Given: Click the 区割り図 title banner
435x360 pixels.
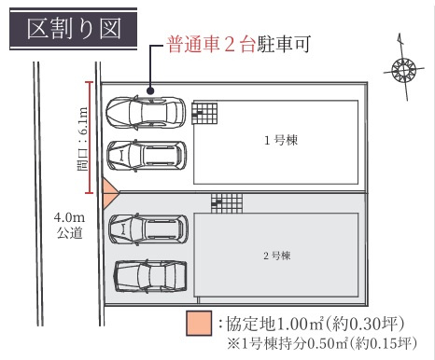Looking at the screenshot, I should click(x=74, y=30).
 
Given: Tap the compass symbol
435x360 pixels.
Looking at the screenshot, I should click(x=403, y=69).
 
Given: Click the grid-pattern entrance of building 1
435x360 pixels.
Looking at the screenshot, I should click(x=205, y=112).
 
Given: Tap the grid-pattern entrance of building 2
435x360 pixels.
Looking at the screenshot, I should click(x=225, y=202).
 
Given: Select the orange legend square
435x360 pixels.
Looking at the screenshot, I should click(x=198, y=325).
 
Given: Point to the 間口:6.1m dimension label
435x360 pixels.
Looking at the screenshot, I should click(x=82, y=139).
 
